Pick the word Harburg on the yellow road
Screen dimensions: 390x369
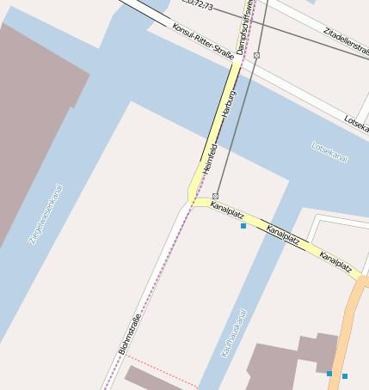[x=228, y=107]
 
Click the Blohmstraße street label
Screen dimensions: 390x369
[x=128, y=336]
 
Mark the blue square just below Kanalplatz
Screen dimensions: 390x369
[x=243, y=226]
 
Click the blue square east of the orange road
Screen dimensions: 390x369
[x=345, y=376]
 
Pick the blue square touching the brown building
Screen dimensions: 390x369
[x=329, y=373]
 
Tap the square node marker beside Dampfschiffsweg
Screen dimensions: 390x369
[x=257, y=55]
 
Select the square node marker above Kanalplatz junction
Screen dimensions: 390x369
[x=215, y=196]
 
